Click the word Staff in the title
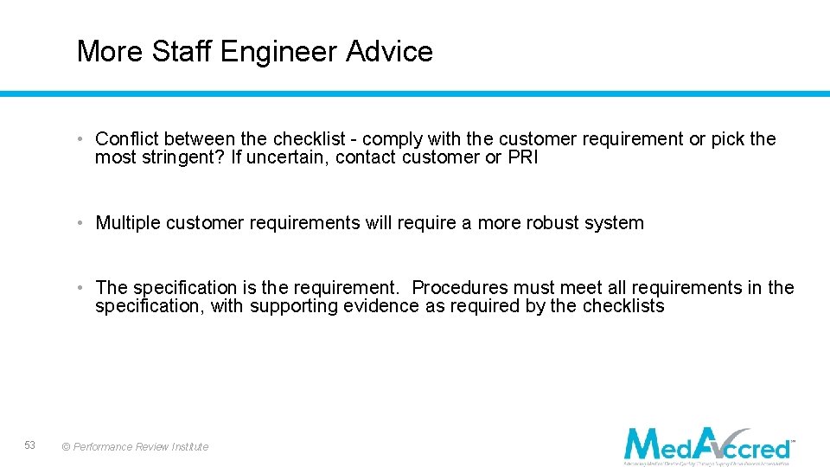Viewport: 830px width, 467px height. (182, 52)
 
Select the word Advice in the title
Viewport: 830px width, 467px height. (389, 52)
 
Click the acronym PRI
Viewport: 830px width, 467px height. (522, 157)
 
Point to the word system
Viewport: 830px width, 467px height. (615, 223)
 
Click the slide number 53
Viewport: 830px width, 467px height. (30, 445)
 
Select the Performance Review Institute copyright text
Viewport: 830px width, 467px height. (135, 446)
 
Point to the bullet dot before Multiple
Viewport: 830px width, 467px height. (79, 223)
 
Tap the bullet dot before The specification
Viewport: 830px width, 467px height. (79, 288)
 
